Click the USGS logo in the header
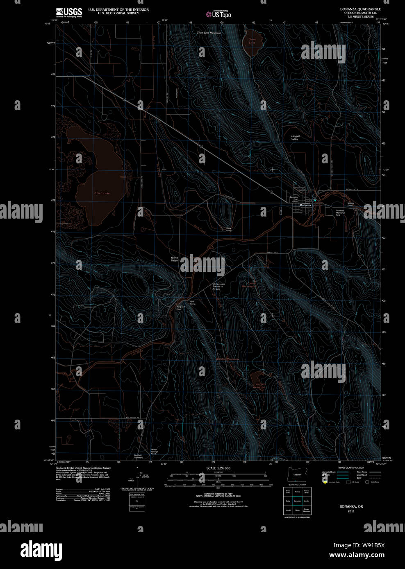point(69,12)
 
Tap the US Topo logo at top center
point(219,14)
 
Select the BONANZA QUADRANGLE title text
point(360,9)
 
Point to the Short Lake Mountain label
point(209,33)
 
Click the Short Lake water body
point(252,46)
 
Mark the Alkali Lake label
point(102,193)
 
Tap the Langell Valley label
point(295,138)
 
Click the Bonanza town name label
point(305,204)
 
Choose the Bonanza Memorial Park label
point(340,212)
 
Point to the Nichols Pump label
point(350,204)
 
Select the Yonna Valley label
point(175,259)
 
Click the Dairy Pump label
point(229,229)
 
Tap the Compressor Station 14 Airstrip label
point(218,286)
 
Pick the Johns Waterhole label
point(248,284)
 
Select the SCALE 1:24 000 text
point(218,468)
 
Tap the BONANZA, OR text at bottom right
point(351,506)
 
